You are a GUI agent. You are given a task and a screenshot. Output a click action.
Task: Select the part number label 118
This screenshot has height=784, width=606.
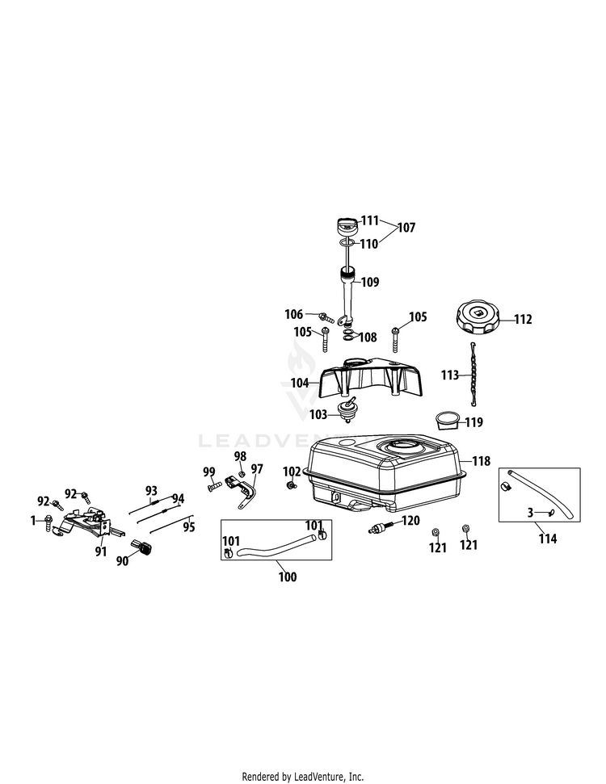tap(482, 461)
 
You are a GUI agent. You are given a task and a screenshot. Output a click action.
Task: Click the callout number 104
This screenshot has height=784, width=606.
tap(300, 383)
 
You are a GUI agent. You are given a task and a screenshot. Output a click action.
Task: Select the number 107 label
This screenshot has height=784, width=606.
tap(406, 228)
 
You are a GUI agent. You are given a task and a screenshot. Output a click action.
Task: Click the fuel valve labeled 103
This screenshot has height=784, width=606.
tap(350, 410)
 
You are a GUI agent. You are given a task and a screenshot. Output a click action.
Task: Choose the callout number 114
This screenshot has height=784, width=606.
tap(548, 539)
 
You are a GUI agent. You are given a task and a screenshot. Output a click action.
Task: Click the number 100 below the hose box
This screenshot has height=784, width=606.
tap(287, 576)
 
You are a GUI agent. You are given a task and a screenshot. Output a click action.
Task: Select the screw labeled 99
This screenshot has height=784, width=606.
tap(215, 486)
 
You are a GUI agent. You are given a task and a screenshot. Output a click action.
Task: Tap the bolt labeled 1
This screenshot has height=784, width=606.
tap(50, 521)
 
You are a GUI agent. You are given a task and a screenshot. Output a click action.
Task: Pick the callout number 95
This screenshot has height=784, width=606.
tap(189, 527)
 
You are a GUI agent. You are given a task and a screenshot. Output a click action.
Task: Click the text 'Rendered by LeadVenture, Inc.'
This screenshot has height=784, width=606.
tap(302, 776)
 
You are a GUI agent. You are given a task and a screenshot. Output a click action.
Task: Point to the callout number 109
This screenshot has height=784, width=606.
tap(370, 283)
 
